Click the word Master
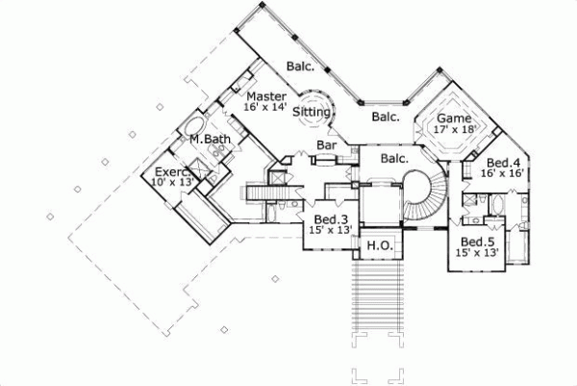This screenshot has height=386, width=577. click(266, 96)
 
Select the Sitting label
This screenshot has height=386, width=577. click(313, 112)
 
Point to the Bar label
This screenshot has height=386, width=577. click(327, 145)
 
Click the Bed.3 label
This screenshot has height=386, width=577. click(325, 219)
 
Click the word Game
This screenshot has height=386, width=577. click(453, 118)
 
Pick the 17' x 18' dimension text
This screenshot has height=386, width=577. click(455, 130)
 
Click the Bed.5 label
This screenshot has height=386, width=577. click(477, 241)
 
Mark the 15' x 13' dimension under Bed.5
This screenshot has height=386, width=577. click(479, 252)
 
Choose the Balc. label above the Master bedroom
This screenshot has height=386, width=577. click(300, 66)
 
